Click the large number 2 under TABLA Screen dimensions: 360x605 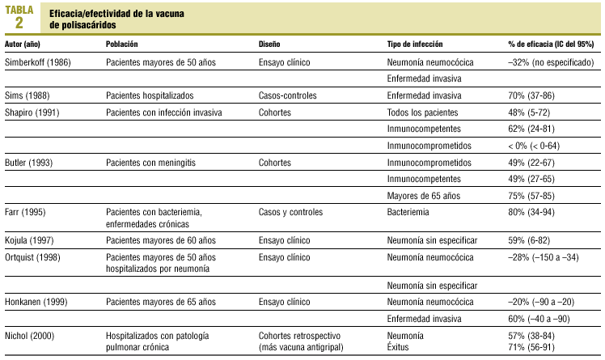pyautogui.click(x=19, y=22)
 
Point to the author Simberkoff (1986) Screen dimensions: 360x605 pyautogui.click(x=36, y=61)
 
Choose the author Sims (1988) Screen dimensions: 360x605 pyautogui.click(x=27, y=95)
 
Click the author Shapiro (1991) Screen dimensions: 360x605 pyautogui.click(x=32, y=112)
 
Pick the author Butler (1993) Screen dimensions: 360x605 pyautogui.click(x=30, y=162)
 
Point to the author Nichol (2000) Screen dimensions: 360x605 pyautogui.click(x=30, y=335)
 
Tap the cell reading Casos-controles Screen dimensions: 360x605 pyautogui.click(x=288, y=95)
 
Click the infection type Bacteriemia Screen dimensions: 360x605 pyautogui.click(x=409, y=212)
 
